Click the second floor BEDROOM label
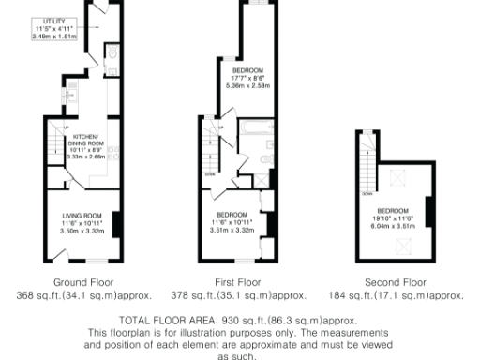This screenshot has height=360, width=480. pyautogui.click(x=393, y=210)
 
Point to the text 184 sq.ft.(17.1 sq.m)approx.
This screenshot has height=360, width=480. pyautogui.click(x=394, y=294)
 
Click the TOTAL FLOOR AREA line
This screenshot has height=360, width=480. pyautogui.click(x=239, y=319)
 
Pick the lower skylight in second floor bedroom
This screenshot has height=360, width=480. pyautogui.click(x=404, y=246)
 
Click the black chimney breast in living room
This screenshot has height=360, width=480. pyautogui.click(x=116, y=225)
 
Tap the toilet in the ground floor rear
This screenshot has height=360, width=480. pyautogui.click(x=111, y=54)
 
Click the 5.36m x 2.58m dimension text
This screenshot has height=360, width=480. pyautogui.click(x=248, y=85)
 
